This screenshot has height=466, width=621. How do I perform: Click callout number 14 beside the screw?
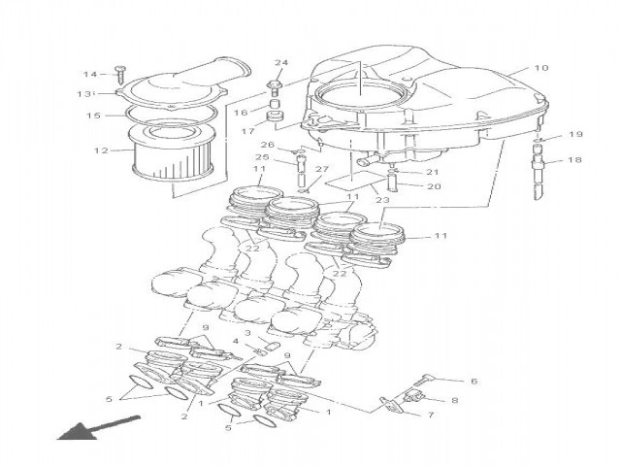tap(89, 75)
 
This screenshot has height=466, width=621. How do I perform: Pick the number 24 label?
tap(281, 64)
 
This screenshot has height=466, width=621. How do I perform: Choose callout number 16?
tap(240, 113)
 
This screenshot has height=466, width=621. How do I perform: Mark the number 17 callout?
tap(247, 131)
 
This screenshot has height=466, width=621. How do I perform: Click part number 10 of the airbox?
tap(541, 69)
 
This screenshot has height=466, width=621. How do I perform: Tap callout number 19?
tap(575, 135)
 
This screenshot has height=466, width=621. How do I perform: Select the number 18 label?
tap(575, 160)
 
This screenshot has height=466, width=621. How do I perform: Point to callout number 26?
tap(266, 146)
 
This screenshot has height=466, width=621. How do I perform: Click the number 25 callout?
tap(262, 157)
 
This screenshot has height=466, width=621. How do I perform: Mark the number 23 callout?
tap(382, 201)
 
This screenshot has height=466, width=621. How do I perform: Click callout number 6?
tap(474, 382)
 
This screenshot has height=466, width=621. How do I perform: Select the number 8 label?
tap(454, 399)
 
